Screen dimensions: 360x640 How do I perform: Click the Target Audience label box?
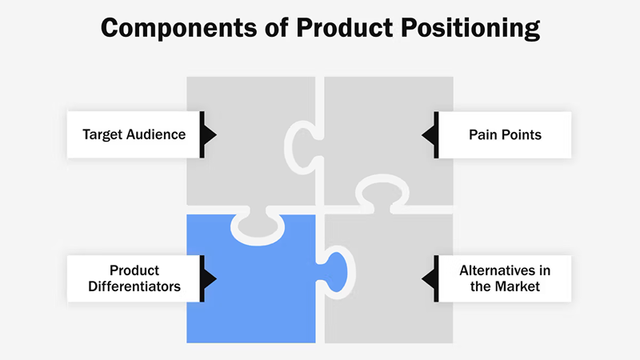134,134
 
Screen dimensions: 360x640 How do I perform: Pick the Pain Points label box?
505,134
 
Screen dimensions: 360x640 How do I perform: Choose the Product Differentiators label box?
134,278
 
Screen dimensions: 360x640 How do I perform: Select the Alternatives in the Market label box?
505,278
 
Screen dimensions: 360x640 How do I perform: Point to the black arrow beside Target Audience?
208,134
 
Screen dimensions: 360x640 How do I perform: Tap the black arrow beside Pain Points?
430,134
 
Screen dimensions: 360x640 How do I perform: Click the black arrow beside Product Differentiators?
208,278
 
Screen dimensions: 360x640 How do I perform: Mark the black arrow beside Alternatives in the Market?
430,278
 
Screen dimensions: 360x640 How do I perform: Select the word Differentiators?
134,286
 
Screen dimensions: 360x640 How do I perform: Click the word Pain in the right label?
482,134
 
